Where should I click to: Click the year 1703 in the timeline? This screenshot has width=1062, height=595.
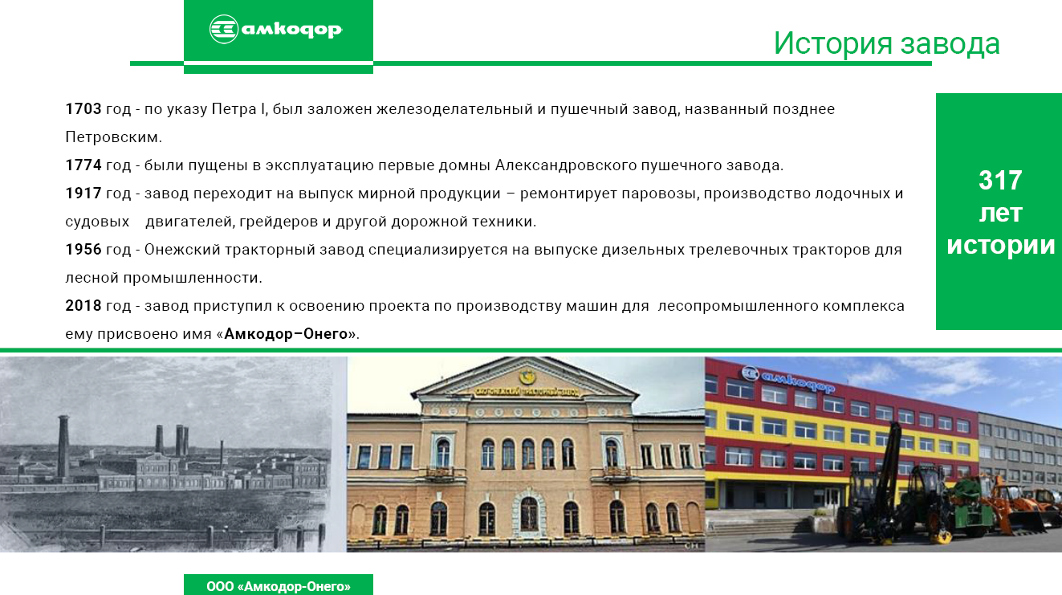pyautogui.click(x=83, y=109)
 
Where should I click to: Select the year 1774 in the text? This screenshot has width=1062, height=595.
pyautogui.click(x=83, y=165)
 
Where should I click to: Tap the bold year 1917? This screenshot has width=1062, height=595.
pyautogui.click(x=83, y=194)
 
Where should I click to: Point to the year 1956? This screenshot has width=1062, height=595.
pyautogui.click(x=83, y=250)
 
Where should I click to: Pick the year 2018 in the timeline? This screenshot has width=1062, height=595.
pyautogui.click(x=83, y=306)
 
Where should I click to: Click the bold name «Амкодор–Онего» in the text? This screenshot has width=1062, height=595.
pyautogui.click(x=286, y=334)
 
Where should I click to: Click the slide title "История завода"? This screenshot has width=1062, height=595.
pyautogui.click(x=886, y=43)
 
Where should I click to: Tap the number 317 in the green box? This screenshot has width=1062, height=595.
pyautogui.click(x=1000, y=181)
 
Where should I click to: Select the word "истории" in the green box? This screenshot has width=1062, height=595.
pyautogui.click(x=1001, y=246)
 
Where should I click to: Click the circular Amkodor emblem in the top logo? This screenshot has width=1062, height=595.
pyautogui.click(x=223, y=30)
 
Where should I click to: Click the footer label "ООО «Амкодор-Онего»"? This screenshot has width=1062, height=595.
pyautogui.click(x=279, y=586)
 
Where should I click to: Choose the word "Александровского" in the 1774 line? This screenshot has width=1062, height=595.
pyautogui.click(x=566, y=165)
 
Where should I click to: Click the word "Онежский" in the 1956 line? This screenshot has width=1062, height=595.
pyautogui.click(x=182, y=250)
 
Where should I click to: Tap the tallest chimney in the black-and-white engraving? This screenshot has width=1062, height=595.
pyautogui.click(x=63, y=448)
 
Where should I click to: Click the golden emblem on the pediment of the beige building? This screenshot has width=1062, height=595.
pyautogui.click(x=526, y=377)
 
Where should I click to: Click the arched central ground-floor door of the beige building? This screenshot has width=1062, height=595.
pyautogui.click(x=529, y=514)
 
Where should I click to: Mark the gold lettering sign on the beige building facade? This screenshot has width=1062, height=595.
pyautogui.click(x=527, y=392)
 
